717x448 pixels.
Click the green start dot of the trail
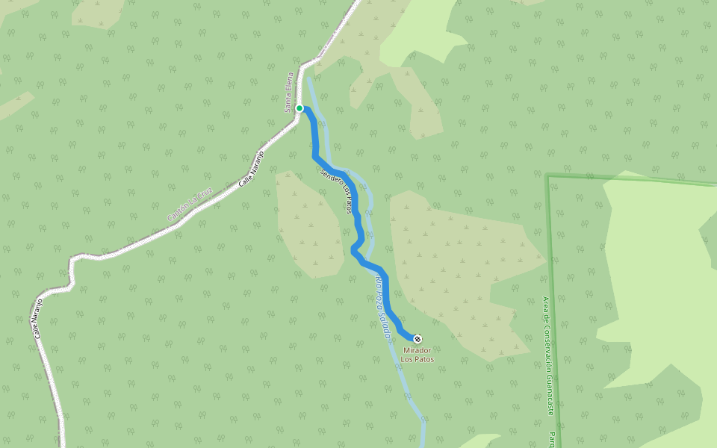tap(299, 108)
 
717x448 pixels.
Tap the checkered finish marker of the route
tap(417, 339)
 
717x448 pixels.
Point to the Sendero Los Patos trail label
tap(335, 191)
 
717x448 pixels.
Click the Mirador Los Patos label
tap(418, 355)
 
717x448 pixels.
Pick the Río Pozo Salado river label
tap(382, 307)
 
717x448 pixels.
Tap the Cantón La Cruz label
tap(190, 204)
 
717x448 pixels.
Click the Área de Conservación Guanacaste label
tap(548, 356)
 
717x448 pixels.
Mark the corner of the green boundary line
tap(547, 176)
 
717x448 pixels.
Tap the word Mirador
tap(418, 350)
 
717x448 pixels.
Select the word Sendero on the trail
tap(329, 180)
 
